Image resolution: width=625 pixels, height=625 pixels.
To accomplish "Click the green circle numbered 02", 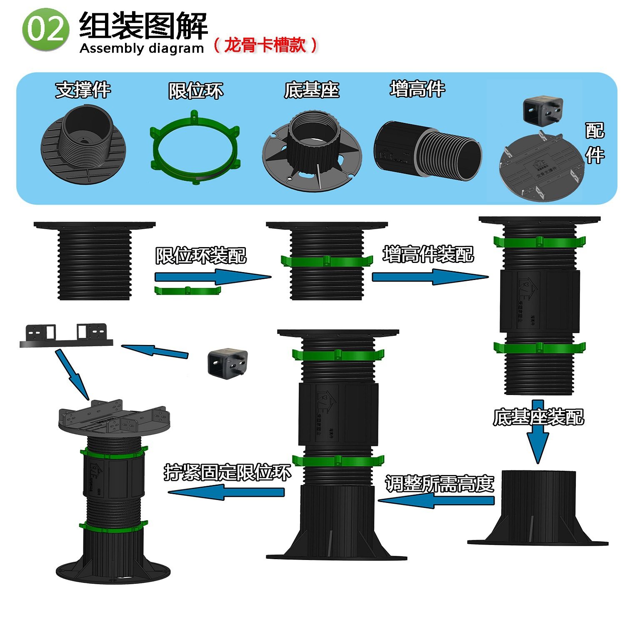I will coord(45,30).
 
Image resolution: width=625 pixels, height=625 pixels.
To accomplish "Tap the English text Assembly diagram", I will coord(142,48).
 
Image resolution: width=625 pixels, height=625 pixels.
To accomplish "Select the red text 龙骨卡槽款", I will coord(265,45).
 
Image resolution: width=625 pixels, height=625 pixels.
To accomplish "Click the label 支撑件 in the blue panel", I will coord(83,90).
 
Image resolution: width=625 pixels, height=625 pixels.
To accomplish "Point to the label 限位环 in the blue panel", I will coord(196,91).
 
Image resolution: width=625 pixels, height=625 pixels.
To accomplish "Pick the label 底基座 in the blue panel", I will coord(312,90).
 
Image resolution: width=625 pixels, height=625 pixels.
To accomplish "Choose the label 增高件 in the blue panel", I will coord(417,89).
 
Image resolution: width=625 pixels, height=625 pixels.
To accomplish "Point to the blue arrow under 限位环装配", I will coord(212,277).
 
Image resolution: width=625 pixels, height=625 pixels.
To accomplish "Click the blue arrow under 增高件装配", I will coord(429,277).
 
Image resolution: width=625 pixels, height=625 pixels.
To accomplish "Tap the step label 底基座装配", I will coord(538,417).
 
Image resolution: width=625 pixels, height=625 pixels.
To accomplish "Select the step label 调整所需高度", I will coord(440,484).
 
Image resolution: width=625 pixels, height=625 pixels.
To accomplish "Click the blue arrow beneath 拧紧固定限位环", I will coord(226,492).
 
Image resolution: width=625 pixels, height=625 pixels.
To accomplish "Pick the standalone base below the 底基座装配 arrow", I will coord(538,508).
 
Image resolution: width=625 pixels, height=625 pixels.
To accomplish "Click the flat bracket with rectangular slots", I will coord(66,336).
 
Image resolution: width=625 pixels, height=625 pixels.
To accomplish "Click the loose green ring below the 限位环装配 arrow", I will coord(187,290).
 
